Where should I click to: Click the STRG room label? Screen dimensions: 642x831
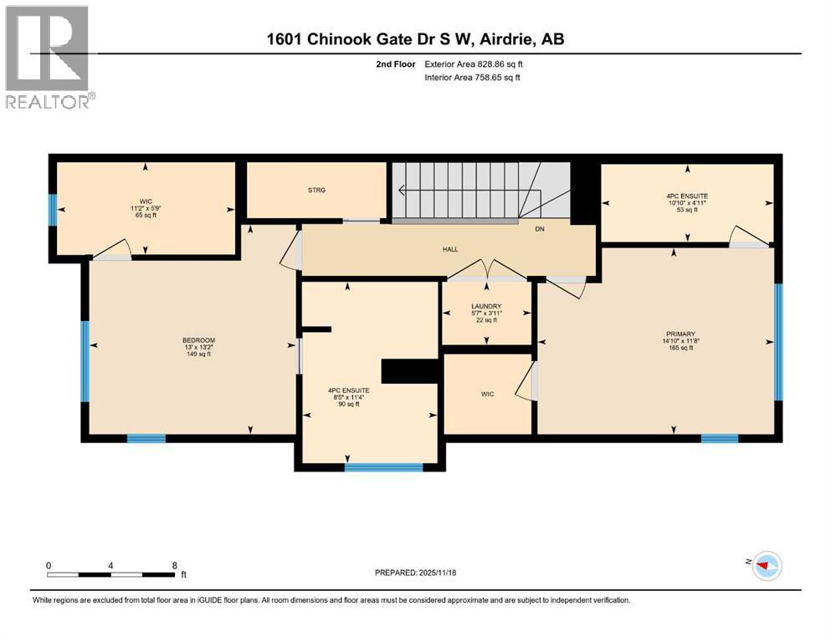pyautogui.click(x=315, y=191)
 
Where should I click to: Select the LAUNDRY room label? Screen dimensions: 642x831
pyautogui.click(x=485, y=307)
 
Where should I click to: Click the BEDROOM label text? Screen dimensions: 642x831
pyautogui.click(x=198, y=340)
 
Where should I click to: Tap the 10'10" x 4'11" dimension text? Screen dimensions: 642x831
pyautogui.click(x=687, y=201)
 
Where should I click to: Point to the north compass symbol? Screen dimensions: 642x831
pyautogui.click(x=764, y=565)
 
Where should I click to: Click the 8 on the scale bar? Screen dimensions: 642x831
pyautogui.click(x=174, y=564)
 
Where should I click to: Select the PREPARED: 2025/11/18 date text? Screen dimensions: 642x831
pyautogui.click(x=415, y=573)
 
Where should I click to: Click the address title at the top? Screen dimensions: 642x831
pyautogui.click(x=414, y=38)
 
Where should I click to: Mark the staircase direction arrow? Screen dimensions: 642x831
pyautogui.click(x=403, y=191)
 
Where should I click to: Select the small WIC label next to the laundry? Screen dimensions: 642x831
pyautogui.click(x=487, y=394)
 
